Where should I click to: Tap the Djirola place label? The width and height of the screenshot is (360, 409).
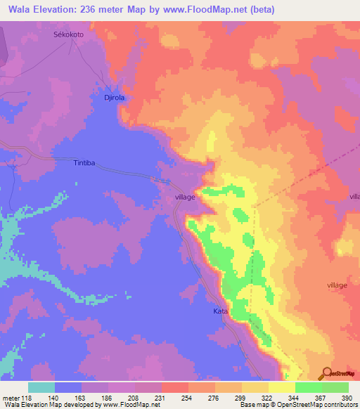click(110, 98)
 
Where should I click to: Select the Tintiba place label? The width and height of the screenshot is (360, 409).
click(84, 163)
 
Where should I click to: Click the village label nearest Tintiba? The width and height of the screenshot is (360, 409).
click(185, 198)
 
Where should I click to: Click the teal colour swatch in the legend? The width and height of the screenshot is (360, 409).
click(41, 387)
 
